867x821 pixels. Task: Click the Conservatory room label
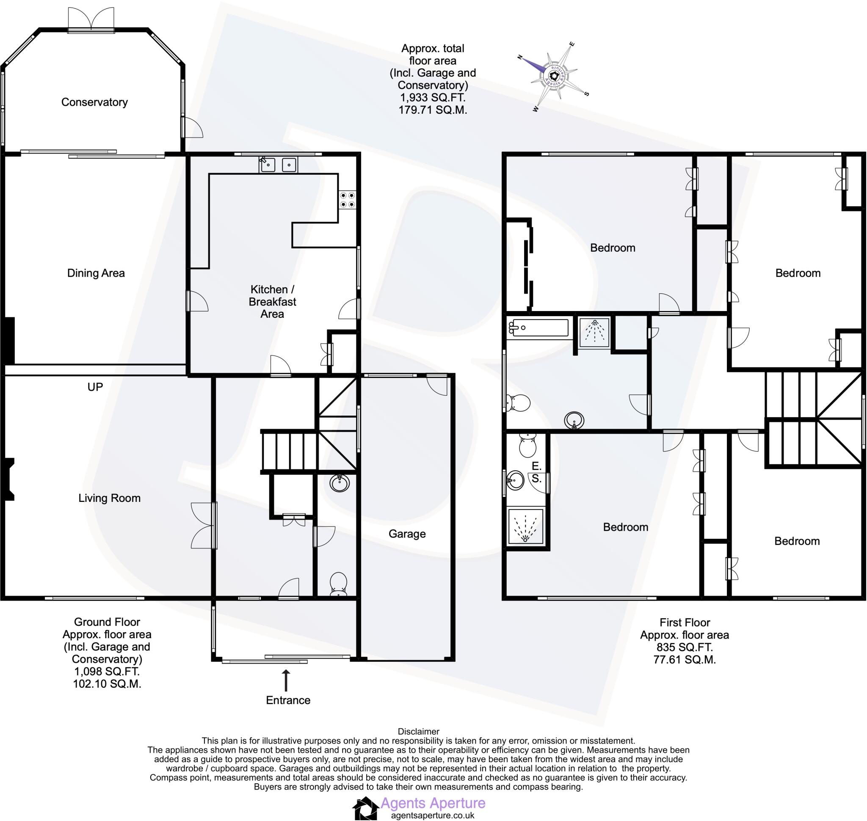(x=94, y=102)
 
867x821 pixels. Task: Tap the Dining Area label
(x=96, y=273)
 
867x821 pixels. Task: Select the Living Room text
(x=110, y=498)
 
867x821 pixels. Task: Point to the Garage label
(x=407, y=534)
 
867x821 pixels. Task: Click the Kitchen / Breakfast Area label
(x=272, y=302)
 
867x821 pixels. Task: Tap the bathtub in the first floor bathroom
(x=538, y=328)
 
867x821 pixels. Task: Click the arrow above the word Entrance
(x=286, y=680)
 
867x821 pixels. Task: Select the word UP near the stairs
(x=95, y=387)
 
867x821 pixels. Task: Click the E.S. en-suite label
(x=537, y=472)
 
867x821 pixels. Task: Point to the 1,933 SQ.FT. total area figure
(x=432, y=97)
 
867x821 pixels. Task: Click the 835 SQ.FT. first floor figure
(x=685, y=647)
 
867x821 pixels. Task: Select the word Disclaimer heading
(x=418, y=731)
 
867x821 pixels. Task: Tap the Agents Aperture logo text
(x=433, y=803)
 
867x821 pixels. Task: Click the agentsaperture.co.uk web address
(x=433, y=815)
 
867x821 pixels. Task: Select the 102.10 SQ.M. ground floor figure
(x=107, y=683)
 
